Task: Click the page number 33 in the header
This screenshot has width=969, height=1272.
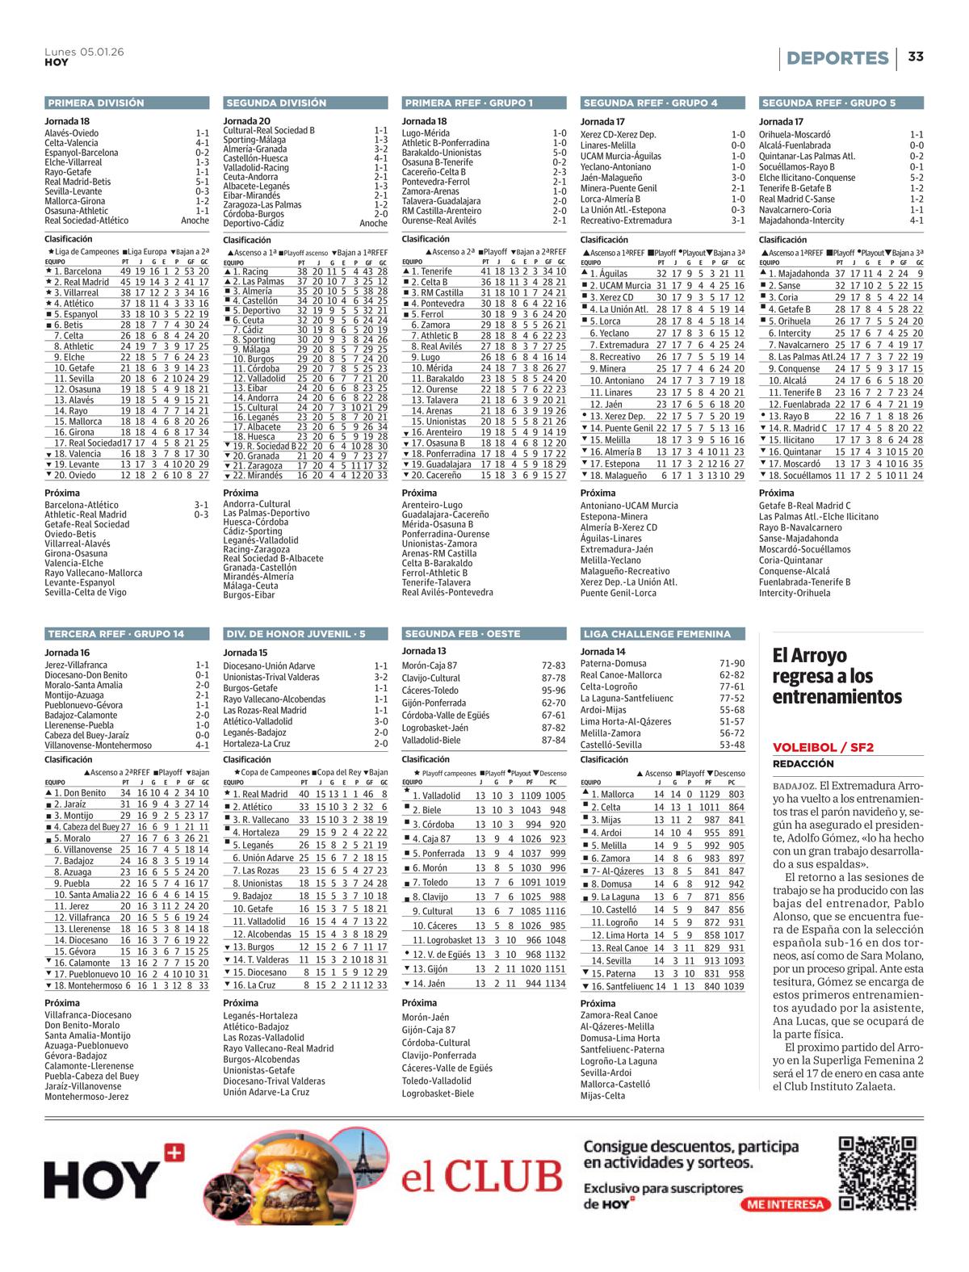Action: (915, 57)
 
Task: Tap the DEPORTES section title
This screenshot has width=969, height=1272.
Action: (837, 58)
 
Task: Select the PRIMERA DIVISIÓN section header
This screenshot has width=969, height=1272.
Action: (96, 103)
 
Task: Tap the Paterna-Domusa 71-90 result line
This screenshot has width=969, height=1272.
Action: (662, 663)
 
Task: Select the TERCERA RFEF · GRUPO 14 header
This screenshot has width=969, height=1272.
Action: (116, 633)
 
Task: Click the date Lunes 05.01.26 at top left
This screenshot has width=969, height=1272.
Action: (84, 51)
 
